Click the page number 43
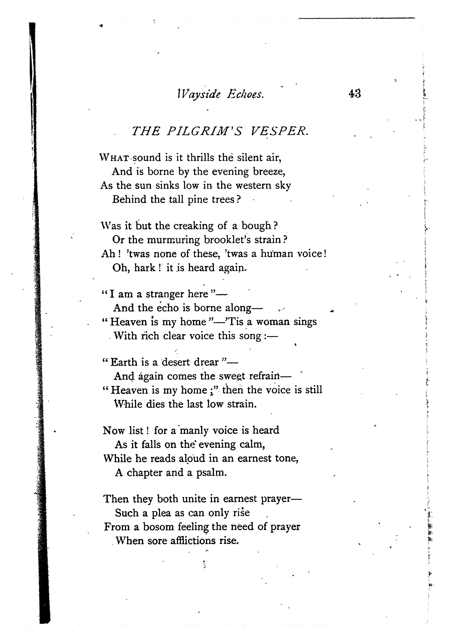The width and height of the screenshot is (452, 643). [355, 93]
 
